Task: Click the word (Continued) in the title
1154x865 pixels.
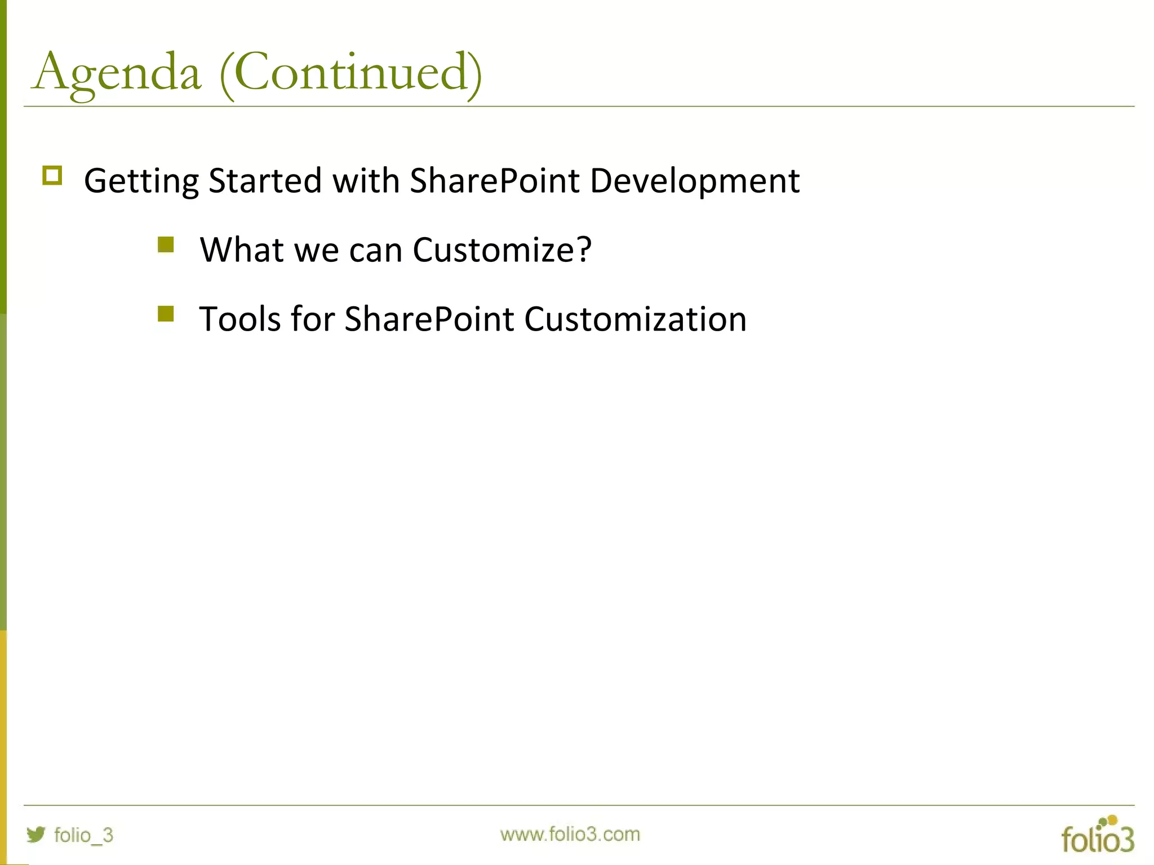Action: (350, 73)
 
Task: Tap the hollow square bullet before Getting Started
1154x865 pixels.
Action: (52, 176)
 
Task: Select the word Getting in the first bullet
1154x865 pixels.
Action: (141, 181)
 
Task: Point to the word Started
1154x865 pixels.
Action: (265, 180)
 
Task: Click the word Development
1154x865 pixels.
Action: (694, 181)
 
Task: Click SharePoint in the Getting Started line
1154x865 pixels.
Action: (495, 180)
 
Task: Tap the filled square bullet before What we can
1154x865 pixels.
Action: (166, 245)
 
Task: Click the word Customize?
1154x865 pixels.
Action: (502, 249)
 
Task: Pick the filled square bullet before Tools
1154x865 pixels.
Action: (166, 314)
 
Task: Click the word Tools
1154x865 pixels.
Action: (240, 319)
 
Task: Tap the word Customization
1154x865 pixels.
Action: (635, 319)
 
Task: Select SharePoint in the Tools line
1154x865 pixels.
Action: (429, 319)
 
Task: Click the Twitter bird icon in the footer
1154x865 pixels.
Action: (36, 834)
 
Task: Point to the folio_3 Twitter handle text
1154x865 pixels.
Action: (83, 835)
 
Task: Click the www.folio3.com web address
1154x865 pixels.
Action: (570, 834)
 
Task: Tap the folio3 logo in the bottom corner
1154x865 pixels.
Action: (1097, 835)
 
